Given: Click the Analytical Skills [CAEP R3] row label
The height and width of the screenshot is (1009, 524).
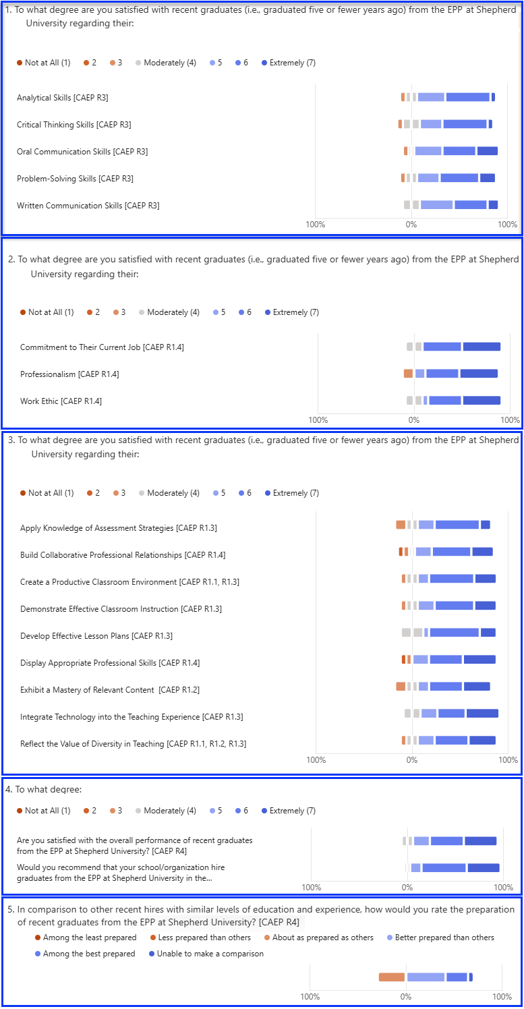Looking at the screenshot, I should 62,98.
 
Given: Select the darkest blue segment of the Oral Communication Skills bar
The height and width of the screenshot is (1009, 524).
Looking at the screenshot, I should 487,151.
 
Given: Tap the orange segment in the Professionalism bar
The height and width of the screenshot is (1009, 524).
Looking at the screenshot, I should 408,374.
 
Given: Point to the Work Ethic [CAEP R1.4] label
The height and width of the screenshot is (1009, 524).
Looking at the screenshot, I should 61,401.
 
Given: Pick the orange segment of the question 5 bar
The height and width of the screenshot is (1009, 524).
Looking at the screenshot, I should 391,977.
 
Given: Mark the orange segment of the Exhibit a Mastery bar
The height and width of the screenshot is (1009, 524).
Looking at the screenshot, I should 401,687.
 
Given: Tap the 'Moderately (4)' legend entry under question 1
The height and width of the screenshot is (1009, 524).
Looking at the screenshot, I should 166,63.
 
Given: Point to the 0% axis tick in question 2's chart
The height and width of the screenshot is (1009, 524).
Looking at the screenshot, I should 414,420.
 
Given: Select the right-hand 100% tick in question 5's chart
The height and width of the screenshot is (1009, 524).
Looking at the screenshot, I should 502,997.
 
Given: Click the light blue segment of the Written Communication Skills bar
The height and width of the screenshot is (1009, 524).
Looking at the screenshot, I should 436,205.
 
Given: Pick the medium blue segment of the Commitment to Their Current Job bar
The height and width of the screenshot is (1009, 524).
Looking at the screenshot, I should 442,347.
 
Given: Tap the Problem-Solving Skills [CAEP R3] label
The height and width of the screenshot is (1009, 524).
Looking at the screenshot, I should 75,179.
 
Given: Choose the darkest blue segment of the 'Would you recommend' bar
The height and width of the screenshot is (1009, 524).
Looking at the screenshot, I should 483,868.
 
